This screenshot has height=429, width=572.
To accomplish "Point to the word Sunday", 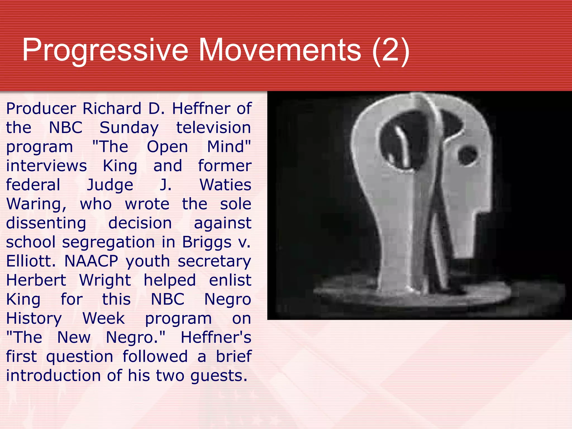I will (129, 128).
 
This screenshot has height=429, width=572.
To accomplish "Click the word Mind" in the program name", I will (229, 147).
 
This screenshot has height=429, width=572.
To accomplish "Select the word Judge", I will (110, 185).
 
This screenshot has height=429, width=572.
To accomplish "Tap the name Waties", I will (225, 185).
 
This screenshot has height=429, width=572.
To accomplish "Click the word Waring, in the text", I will (36, 204).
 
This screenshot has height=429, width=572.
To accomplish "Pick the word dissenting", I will (46, 223).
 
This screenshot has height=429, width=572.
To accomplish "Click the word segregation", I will (108, 242).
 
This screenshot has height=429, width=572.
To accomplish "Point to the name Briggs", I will (206, 242).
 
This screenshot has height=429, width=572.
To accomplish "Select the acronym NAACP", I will (91, 261).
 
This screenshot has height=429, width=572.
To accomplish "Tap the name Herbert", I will (36, 280).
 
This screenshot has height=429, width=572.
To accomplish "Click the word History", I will (34, 318).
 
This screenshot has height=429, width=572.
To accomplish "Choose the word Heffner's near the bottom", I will (216, 337).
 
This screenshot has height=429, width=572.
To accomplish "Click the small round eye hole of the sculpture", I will (467, 155).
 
